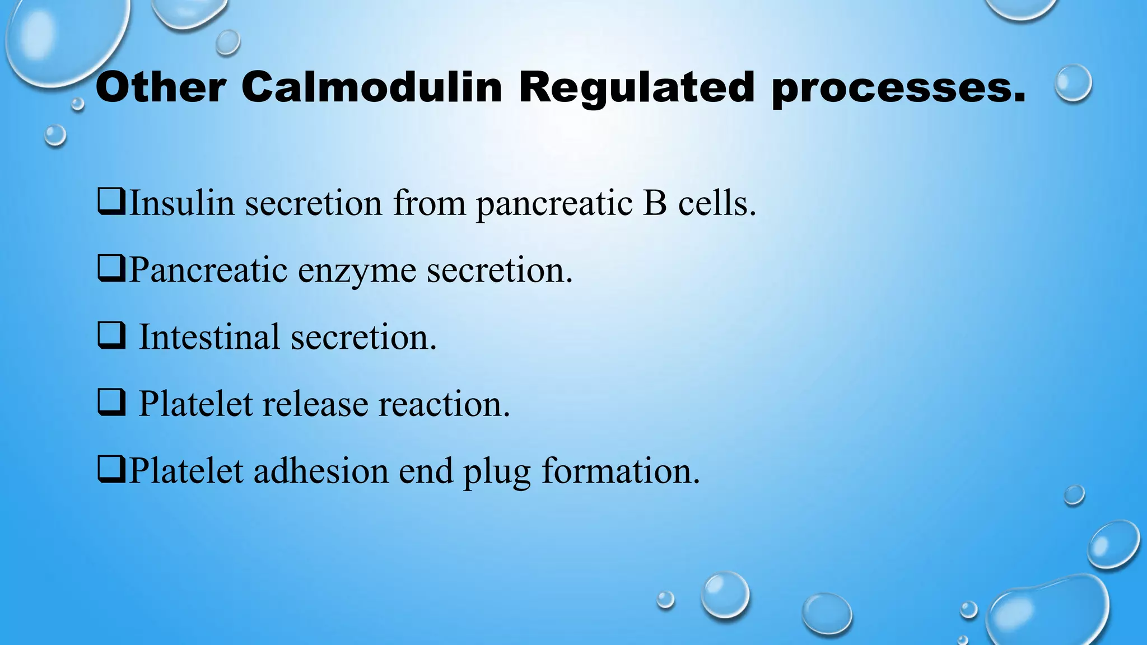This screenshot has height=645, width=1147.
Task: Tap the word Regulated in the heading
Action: pyautogui.click(x=637, y=88)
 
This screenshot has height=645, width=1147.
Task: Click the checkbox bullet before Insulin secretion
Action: pyautogui.click(x=111, y=202)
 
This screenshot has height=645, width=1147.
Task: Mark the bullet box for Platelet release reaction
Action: pyautogui.click(x=111, y=403)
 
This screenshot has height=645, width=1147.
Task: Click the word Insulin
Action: pyautogui.click(x=181, y=202)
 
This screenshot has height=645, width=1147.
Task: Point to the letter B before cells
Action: pyautogui.click(x=655, y=202)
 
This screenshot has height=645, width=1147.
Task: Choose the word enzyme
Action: pyautogui.click(x=357, y=270)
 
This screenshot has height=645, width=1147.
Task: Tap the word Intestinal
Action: pyautogui.click(x=209, y=336)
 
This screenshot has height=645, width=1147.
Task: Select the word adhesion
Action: pyautogui.click(x=321, y=470)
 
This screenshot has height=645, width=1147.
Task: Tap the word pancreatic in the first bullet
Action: pyautogui.click(x=554, y=203)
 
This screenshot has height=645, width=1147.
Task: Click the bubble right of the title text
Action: pyautogui.click(x=1073, y=83)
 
